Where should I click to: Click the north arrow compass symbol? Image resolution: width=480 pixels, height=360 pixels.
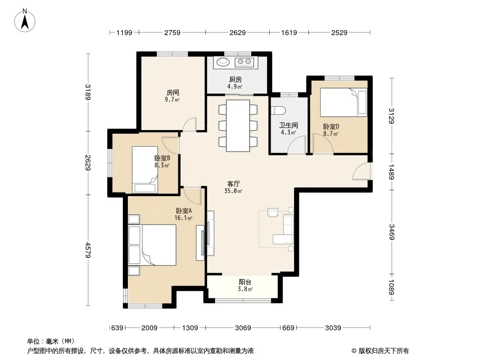(25, 21)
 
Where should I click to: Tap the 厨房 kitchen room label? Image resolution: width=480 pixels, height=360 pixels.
(235, 80)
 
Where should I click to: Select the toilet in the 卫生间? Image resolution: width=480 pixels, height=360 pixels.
(279, 110)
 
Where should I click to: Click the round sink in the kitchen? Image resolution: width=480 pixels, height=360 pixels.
(223, 62)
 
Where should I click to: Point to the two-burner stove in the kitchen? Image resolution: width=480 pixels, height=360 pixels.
(244, 62)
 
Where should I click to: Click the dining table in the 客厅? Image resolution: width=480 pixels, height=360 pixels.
(238, 126)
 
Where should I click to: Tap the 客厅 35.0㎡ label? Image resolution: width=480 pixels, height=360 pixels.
(233, 187)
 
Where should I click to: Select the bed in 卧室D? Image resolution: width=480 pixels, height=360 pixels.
(344, 103)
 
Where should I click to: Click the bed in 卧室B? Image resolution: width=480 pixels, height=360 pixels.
(145, 170)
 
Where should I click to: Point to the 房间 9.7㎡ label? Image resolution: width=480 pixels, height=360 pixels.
(172, 96)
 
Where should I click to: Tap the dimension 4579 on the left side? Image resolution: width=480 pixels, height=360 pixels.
(88, 250)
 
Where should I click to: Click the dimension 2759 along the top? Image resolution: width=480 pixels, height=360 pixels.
(172, 32)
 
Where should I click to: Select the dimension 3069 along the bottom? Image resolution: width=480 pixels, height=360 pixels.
(243, 328)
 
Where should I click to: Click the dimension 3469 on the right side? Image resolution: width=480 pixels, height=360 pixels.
(392, 232)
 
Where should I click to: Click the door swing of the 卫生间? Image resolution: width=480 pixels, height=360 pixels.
(297, 144)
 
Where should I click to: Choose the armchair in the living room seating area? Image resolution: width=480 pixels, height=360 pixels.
(273, 212)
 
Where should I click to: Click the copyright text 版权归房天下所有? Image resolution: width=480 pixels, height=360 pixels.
(384, 351)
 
